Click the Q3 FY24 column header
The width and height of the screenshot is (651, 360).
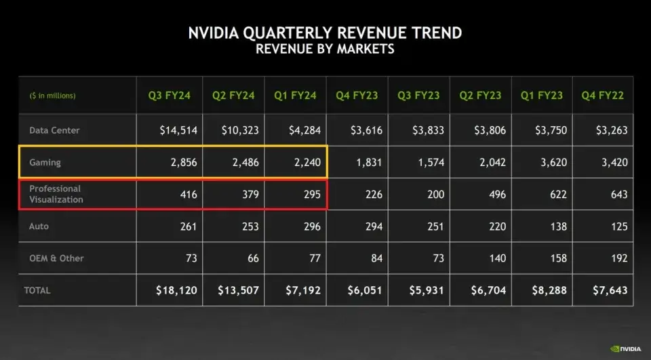click(x=170, y=96)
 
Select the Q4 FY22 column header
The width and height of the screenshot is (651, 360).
click(x=603, y=96)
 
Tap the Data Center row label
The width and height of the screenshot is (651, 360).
click(x=54, y=130)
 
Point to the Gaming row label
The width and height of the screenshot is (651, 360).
click(x=45, y=163)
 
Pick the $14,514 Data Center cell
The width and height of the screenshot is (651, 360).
click(x=178, y=130)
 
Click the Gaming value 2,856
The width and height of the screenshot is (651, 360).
click(x=184, y=163)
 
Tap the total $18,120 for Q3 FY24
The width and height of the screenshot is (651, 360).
click(x=178, y=290)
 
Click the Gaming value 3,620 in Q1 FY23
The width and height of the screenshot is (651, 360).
click(x=553, y=163)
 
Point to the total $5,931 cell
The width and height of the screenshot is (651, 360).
click(x=426, y=290)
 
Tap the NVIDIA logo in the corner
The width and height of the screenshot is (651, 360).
click(x=625, y=349)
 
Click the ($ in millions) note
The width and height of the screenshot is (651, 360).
click(x=53, y=96)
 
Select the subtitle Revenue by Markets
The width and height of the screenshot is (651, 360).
click(x=325, y=49)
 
